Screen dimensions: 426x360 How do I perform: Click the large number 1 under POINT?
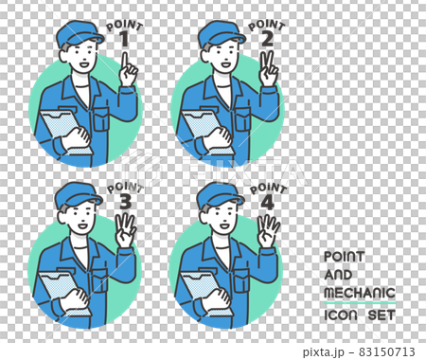125,40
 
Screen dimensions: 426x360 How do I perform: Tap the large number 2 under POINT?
267,40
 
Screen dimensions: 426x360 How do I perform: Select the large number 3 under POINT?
126,202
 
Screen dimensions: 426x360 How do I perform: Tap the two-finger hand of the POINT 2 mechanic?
268,69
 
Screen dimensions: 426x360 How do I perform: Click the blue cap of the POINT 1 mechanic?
79,33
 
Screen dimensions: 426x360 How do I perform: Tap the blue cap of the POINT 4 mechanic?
220,195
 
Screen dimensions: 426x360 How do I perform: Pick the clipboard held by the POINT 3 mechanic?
64,293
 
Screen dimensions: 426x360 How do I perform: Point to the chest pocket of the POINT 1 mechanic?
101,118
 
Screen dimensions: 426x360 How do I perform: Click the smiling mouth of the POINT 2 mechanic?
225,64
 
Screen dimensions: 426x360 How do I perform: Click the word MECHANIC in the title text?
360,293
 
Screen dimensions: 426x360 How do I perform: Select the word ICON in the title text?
341,315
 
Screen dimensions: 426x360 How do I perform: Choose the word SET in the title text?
382,315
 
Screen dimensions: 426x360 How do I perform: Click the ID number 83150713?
387,351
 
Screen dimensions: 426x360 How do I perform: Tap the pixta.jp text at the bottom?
323,351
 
